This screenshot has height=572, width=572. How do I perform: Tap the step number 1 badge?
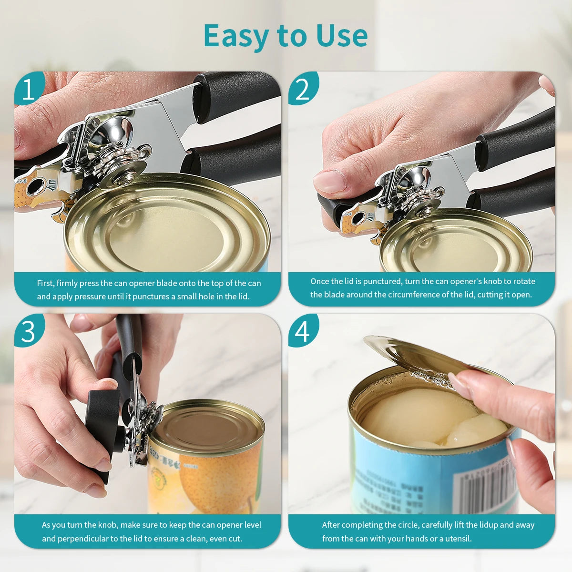click(28, 89)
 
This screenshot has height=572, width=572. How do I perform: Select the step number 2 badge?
click(302, 89)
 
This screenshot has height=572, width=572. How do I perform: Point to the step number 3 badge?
click(28, 331)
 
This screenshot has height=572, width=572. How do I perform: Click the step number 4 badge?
click(302, 331)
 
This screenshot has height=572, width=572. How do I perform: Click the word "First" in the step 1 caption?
click(45, 283)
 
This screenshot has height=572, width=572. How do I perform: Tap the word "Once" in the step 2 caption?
click(320, 281)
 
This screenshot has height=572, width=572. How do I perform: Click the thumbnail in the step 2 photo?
click(329, 182)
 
